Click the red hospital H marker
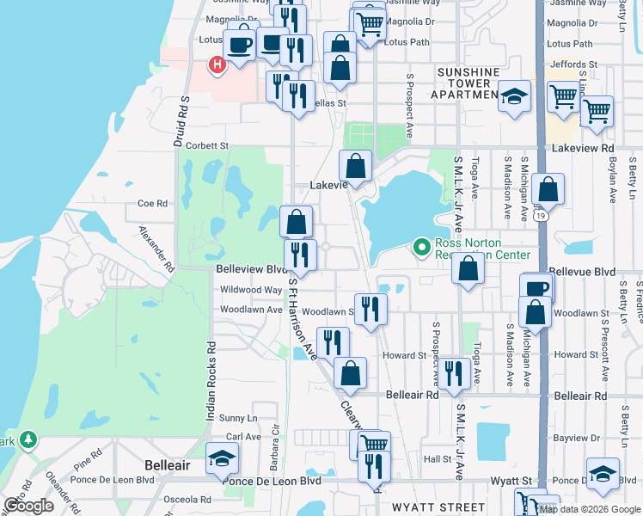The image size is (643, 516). [217, 63]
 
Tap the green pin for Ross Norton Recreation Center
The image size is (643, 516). [421, 248]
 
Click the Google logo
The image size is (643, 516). [28, 506]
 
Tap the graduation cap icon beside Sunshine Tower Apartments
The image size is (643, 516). [515, 98]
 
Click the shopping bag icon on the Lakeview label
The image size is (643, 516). [355, 166]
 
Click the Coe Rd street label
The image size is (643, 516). [151, 204]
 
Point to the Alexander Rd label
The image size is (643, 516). [156, 249]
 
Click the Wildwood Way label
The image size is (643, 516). [252, 290]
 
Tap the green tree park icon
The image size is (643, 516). [28, 440]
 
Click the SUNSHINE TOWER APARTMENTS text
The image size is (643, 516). [468, 83]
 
